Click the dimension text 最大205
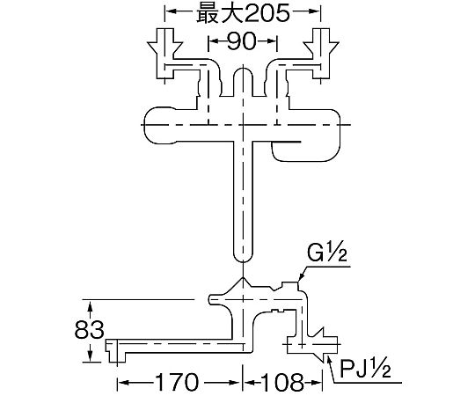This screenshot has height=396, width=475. pos(244,14)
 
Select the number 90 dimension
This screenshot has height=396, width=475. pos(242,41)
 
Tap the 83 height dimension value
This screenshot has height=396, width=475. pos(90,330)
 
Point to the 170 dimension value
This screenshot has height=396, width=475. pos(176,383)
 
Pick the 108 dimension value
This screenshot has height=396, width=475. pos(281,383)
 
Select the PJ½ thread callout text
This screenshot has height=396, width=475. pos(365,368)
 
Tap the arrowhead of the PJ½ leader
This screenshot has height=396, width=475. pos(329,360)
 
